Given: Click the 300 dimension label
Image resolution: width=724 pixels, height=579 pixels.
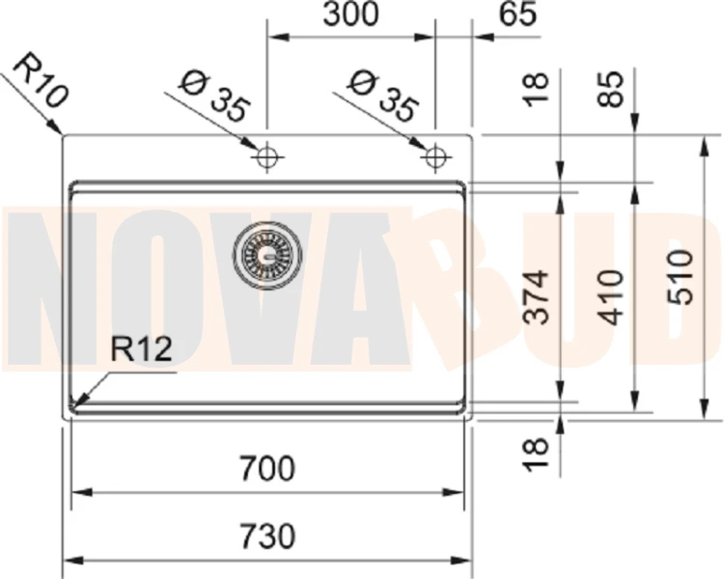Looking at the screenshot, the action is pos(350,14).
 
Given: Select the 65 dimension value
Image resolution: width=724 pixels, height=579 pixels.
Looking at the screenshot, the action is pos(519,14).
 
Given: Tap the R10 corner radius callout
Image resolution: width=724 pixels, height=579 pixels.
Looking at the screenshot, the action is pos(41,81).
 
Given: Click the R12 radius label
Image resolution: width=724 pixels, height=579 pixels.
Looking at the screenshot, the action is pos(141,348).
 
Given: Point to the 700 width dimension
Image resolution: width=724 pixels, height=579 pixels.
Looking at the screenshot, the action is pos(267,468).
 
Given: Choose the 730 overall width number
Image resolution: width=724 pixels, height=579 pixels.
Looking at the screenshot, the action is pos(267,537).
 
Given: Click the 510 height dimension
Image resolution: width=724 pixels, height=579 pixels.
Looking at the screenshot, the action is pos(682,277).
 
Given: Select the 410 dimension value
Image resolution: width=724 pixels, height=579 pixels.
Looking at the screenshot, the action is pos(610,298).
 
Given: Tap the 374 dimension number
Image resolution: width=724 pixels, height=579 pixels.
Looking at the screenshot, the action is pos(537,297).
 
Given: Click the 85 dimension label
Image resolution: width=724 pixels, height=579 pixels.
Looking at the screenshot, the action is pos(611,89).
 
